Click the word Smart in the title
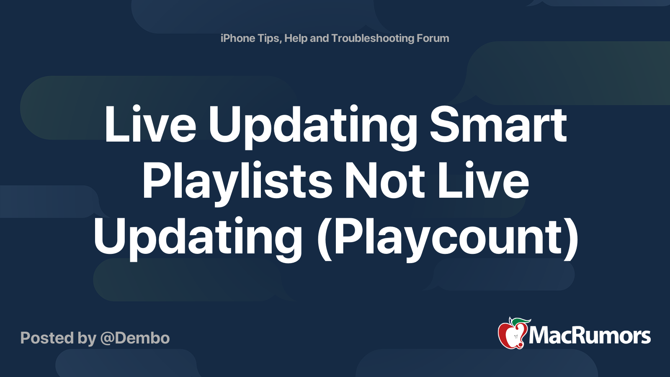click(498, 125)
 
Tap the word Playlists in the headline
click(237, 181)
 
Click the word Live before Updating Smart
click(150, 125)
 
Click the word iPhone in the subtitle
click(238, 39)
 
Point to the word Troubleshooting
click(373, 39)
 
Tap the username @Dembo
click(135, 338)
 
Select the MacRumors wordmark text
click(590, 336)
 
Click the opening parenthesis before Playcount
click(323, 238)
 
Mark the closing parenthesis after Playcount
click(573, 238)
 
